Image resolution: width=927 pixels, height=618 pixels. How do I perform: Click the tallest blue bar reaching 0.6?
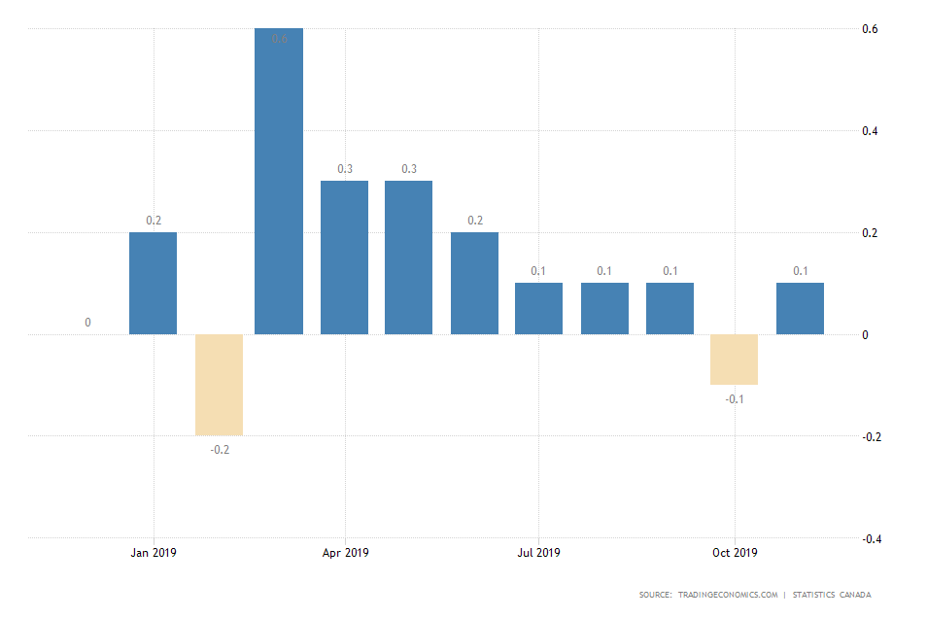tap(279, 182)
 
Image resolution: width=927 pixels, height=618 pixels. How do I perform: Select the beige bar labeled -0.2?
tap(219, 385)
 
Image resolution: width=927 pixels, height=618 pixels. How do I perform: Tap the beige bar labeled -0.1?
tap(734, 360)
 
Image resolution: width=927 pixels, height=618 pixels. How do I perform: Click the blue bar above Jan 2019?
tap(154, 284)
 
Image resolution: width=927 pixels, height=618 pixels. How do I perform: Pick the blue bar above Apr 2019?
tap(345, 258)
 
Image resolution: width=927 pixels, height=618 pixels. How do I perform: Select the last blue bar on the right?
tap(800, 309)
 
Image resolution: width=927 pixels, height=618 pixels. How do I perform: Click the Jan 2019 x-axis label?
tap(154, 553)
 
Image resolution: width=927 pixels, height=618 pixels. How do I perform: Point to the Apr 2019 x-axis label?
tap(346, 553)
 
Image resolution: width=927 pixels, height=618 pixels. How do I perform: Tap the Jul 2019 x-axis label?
tap(538, 553)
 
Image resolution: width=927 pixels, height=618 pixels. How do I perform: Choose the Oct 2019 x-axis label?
tap(735, 553)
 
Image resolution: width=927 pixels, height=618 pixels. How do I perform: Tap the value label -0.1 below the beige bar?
tap(735, 399)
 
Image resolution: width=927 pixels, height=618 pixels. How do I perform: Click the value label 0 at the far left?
tap(87, 323)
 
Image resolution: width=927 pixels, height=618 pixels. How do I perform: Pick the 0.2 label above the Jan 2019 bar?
tap(154, 221)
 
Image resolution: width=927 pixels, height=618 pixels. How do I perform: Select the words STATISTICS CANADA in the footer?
tap(832, 595)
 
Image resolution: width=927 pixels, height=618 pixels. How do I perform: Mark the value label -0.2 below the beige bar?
tap(220, 450)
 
